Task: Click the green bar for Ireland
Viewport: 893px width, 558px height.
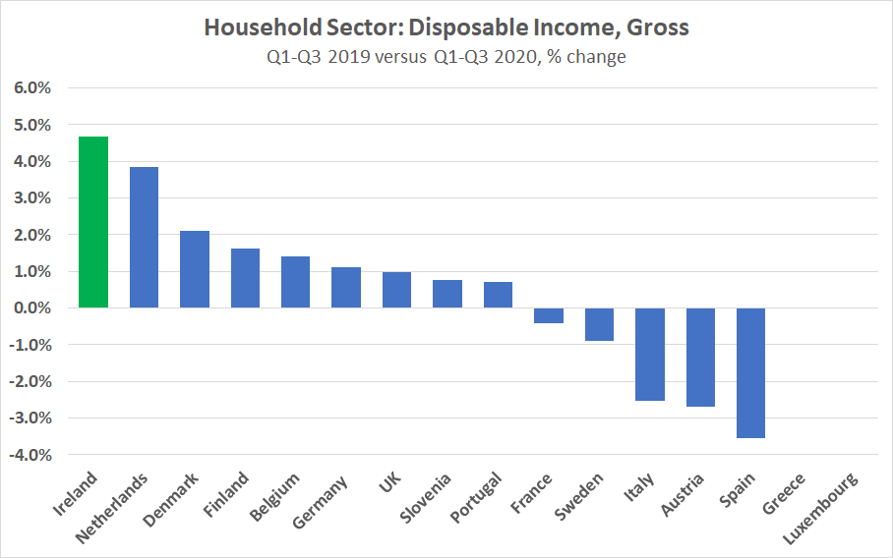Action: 93,222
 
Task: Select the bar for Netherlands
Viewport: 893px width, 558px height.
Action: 144,238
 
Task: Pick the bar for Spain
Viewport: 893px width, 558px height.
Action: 750,372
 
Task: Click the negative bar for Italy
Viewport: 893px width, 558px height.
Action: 649,354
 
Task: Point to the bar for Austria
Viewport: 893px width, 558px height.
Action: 700,357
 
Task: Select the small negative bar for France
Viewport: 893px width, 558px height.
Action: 549,315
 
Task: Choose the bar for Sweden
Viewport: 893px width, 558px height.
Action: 599,324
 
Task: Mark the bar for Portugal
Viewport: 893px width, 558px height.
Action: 498,295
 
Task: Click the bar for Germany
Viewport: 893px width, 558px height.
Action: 346,288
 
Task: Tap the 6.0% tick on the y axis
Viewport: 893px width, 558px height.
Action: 31,88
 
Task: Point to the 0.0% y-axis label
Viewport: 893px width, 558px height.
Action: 31,308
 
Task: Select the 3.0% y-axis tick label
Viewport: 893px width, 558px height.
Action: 31,198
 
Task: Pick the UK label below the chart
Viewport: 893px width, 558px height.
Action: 389,484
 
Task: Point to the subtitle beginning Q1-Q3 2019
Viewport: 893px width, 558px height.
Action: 446,56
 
